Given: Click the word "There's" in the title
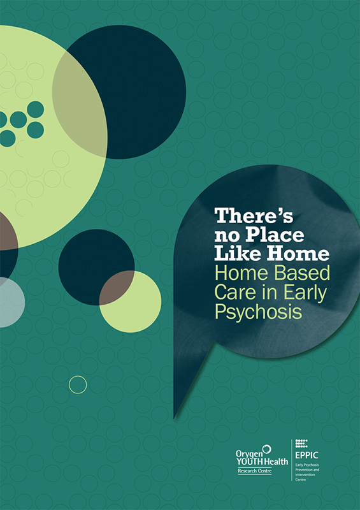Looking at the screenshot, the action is click(254, 215).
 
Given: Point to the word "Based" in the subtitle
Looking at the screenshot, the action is click(302, 273).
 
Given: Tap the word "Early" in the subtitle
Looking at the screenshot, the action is click(305, 293).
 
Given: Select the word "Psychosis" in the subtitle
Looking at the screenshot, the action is click(258, 311).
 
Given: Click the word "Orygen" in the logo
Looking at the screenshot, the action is click(248, 455).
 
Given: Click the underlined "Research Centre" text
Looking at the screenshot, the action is click(255, 470).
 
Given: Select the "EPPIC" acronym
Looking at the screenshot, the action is click(306, 455).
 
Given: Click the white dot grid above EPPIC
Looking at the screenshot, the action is click(301, 443).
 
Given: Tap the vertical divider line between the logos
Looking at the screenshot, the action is click(291, 460).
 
